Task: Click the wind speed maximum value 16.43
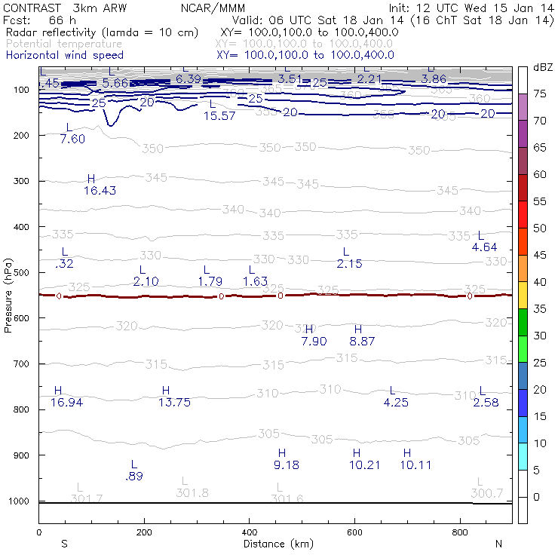click(x=100, y=191)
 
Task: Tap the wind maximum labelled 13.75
click(x=174, y=402)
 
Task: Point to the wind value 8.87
click(x=362, y=341)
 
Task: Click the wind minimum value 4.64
click(x=485, y=247)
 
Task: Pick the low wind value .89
click(x=134, y=476)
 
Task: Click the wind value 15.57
click(x=220, y=115)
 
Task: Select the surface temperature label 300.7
click(x=486, y=493)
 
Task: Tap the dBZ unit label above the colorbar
click(x=543, y=68)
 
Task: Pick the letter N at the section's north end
click(x=498, y=544)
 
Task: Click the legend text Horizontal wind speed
click(x=64, y=55)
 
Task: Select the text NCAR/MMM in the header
click(x=213, y=8)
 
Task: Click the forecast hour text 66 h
click(x=63, y=20)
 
